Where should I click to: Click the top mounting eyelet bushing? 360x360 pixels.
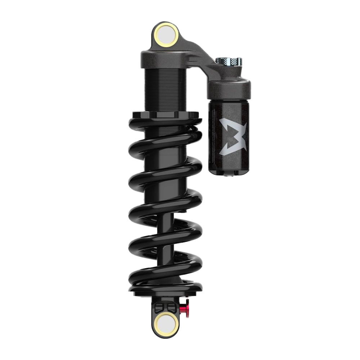(x=166, y=35)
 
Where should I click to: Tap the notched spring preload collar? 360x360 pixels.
(x=165, y=115)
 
